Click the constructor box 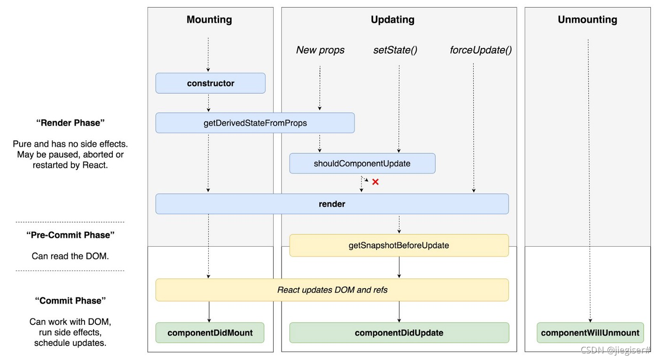210,83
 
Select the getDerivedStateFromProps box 255,123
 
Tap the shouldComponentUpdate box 362,164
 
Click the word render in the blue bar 332,204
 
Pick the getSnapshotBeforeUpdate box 399,245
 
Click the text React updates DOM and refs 332,290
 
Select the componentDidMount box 210,333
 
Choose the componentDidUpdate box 399,333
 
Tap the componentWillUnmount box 590,333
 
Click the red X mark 376,182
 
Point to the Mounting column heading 209,20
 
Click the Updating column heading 392,20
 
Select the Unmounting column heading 587,20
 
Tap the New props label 320,50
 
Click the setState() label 395,50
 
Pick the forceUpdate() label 480,50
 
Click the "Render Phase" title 70,123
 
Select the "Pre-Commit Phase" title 70,235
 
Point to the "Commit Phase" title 70,301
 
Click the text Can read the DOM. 70,256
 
